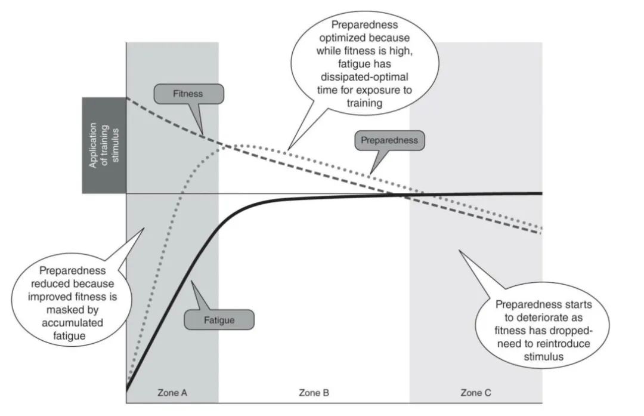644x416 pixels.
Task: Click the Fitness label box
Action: point(188,94)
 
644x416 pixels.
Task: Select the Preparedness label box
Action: point(389,141)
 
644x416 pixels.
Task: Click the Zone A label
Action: point(172,393)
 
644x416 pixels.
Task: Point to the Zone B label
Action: point(314,393)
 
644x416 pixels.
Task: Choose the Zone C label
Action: point(476,393)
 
